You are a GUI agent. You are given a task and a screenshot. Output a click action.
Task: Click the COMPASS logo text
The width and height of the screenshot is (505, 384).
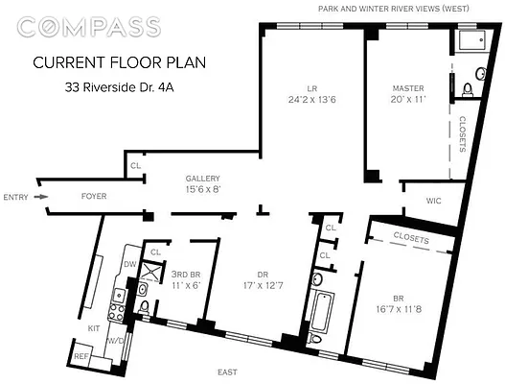[88, 25]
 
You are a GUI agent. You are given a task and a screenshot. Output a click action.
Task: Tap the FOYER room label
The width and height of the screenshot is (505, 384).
[93, 197]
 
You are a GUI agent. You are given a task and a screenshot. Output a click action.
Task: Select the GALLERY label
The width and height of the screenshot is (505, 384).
[203, 178]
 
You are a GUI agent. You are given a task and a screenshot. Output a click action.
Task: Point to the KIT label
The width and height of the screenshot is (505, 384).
[94, 328]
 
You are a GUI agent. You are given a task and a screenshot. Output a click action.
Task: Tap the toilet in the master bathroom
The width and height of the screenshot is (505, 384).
[467, 89]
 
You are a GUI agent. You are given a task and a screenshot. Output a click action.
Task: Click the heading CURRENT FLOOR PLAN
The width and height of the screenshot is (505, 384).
[119, 63]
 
